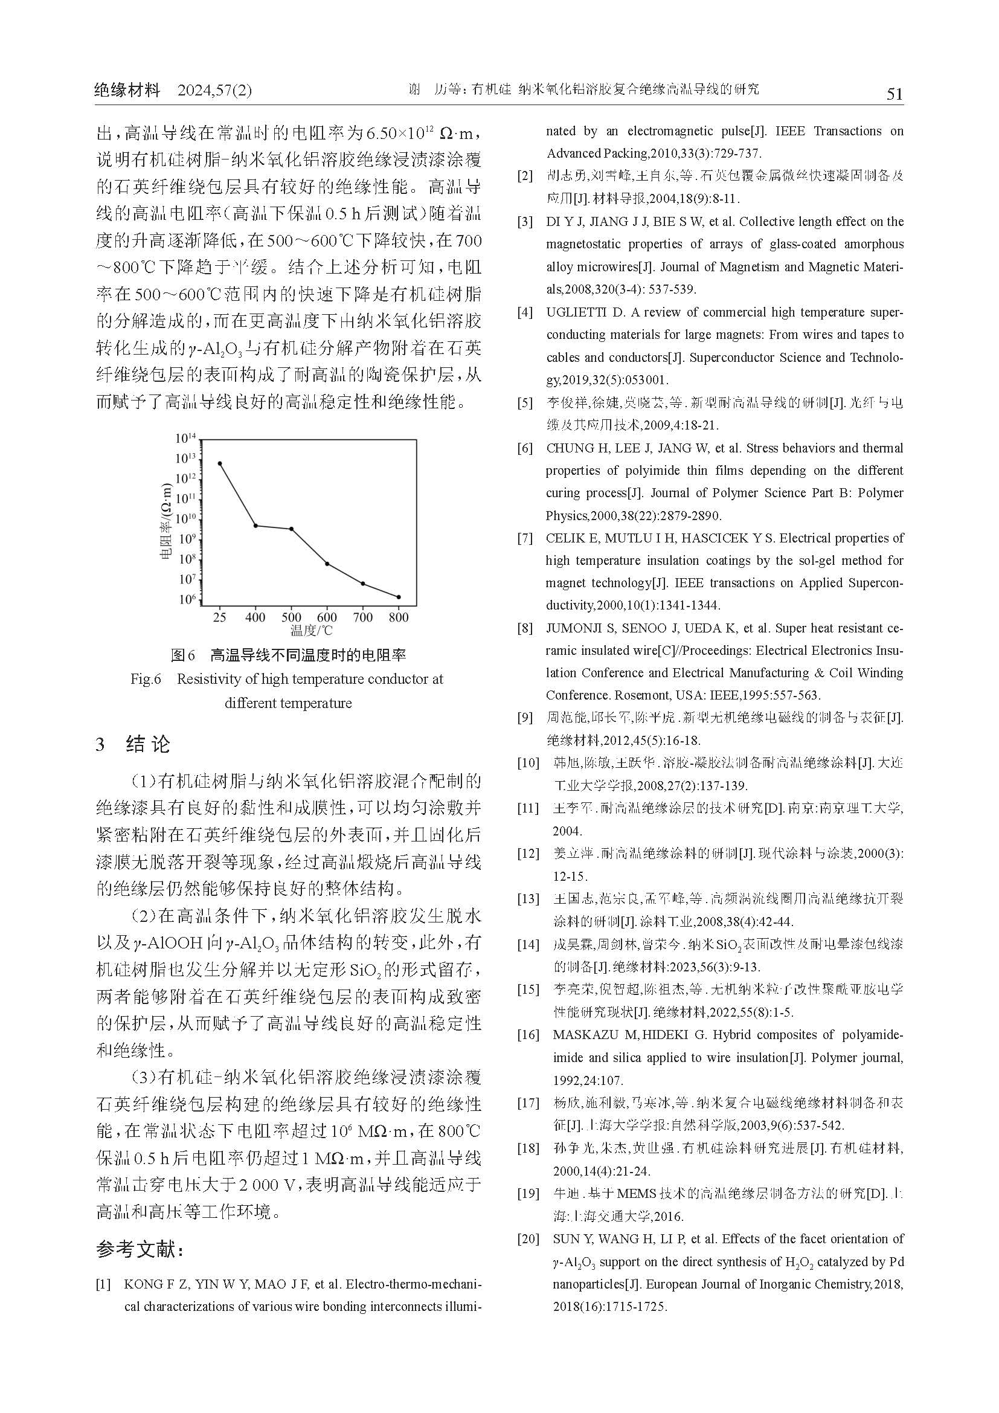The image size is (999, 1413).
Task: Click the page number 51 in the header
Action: coord(894,94)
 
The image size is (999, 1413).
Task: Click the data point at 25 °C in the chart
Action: coord(220,463)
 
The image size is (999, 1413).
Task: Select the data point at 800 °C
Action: coord(399,597)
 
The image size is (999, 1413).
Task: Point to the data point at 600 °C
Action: coord(327,564)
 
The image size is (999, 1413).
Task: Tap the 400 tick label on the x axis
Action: coord(255,617)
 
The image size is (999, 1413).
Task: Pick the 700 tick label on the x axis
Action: coord(363,617)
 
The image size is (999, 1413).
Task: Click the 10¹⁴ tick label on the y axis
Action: coord(185,438)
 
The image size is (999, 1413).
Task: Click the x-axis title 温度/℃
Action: coord(311,630)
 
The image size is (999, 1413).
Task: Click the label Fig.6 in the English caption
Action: coord(146,679)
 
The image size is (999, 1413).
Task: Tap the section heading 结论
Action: coord(147,745)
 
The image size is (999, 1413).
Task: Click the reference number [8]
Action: coord(525,629)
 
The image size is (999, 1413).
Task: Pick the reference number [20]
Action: coord(528,1239)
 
